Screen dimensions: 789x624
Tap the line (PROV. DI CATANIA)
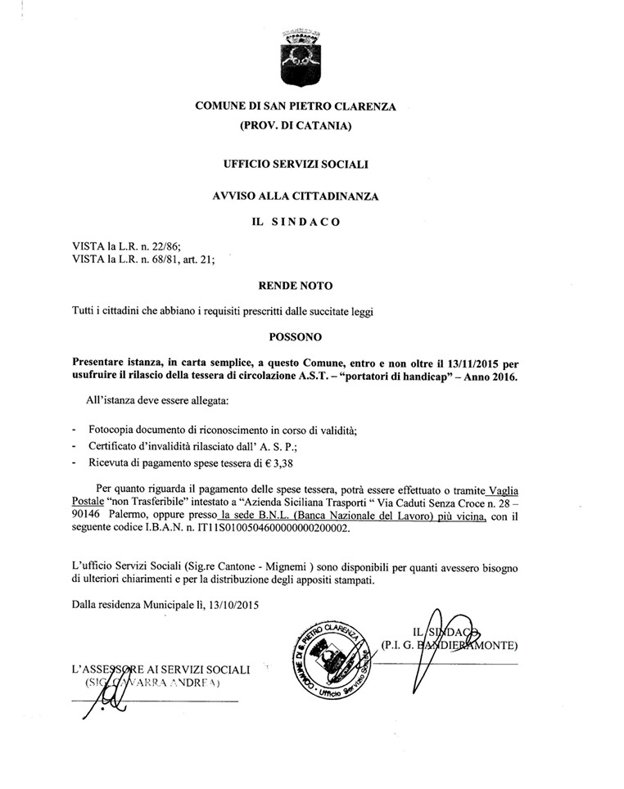point(295,126)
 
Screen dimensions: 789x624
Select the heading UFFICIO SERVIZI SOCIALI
point(296,164)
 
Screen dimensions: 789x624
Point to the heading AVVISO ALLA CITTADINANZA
point(296,196)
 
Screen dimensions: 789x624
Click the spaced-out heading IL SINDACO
point(296,221)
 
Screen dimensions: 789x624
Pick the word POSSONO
point(296,336)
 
